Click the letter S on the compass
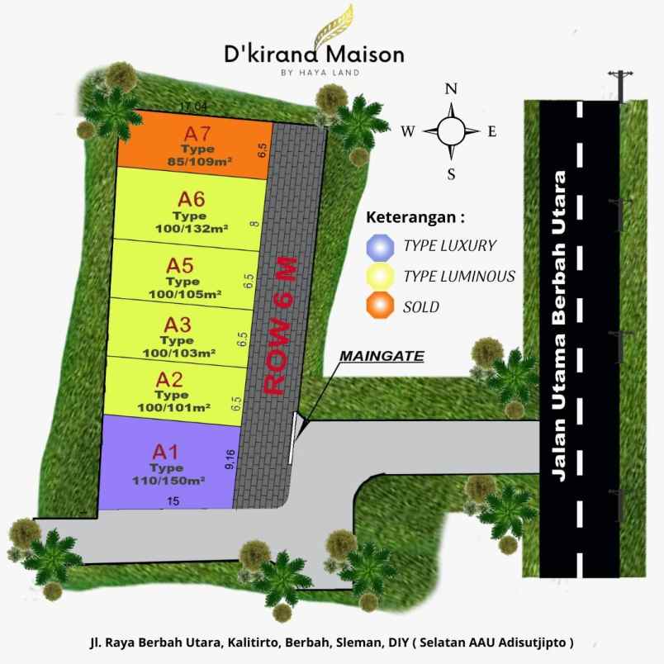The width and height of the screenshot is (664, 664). (451, 173)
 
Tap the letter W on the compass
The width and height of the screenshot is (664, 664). (408, 131)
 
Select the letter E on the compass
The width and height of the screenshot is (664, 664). (493, 131)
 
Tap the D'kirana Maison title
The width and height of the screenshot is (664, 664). (315, 55)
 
